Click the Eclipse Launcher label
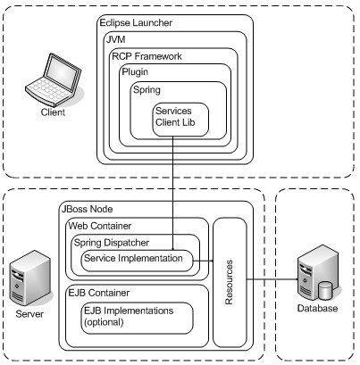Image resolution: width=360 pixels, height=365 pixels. pos(136,23)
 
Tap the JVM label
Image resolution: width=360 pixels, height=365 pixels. pos(116,39)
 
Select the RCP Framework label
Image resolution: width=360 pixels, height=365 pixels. pos(147,56)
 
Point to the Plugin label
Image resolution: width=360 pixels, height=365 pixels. pos(135,72)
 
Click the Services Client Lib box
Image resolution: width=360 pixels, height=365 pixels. pos(180,120)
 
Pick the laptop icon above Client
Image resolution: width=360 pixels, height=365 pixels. pos(54,80)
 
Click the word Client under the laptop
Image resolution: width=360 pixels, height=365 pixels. pos(53,112)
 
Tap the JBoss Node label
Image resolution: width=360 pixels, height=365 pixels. pos(87,209)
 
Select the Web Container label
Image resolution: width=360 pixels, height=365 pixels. pos(100,226)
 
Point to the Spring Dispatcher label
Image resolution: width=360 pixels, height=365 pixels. pos(112,243)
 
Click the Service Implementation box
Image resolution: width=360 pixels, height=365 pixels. pos(137,261)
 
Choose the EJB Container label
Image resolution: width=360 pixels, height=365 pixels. pos(99,293)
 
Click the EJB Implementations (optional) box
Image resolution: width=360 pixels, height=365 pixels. pos(137,318)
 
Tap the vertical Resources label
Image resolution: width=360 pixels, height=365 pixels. pos(229,283)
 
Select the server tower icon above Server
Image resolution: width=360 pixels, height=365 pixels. pos(29,278)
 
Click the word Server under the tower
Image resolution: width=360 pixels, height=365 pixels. pos(29,314)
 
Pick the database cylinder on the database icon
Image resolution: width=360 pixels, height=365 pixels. pos(325,291)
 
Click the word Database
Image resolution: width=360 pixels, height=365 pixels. pos(317,308)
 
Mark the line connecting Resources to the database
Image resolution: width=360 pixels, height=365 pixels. pos(272,279)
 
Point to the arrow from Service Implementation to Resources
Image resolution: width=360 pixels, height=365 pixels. pos(203,261)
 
